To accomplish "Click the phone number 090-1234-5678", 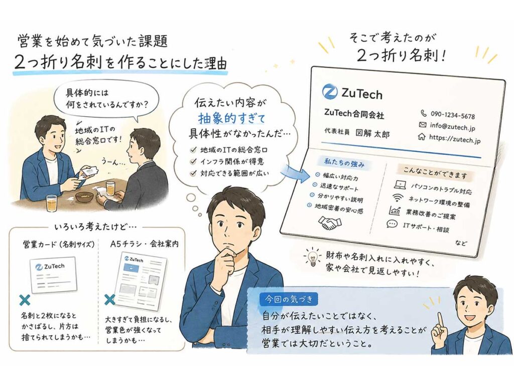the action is (453, 115).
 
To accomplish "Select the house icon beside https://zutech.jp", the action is (422, 136).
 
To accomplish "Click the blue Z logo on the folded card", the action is (330, 91).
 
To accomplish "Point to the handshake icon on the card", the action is (330, 223).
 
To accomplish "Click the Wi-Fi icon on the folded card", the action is (398, 198).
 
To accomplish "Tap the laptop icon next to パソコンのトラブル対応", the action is (400, 185).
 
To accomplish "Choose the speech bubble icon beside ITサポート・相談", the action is (392, 224).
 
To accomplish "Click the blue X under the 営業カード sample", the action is (25, 300).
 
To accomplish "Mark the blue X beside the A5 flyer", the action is (109, 299).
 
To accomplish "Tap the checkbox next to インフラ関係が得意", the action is (193, 161).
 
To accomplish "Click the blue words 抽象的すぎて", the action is (231, 118).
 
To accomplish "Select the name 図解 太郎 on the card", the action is (372, 133).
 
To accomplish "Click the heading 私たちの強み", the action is (344, 162).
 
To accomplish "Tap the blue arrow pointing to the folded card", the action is (296, 173).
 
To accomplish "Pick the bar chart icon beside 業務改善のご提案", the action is (395, 211).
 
